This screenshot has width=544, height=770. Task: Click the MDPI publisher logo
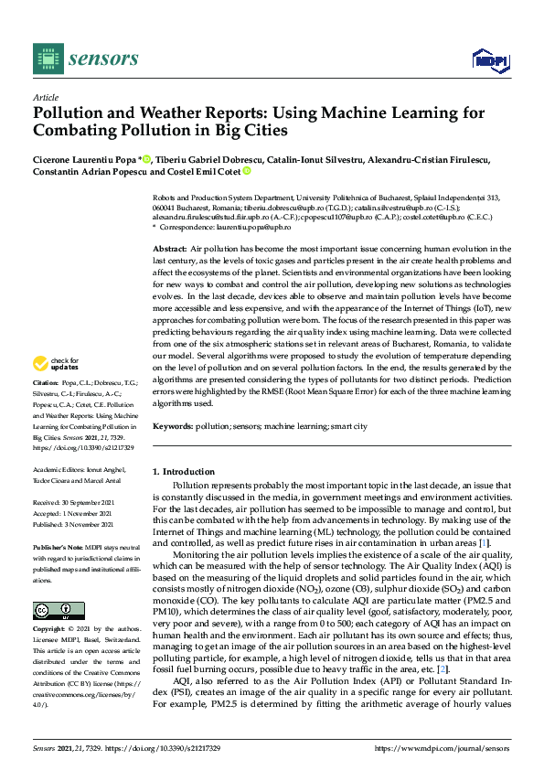click(489, 59)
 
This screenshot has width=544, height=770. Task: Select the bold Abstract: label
click(169, 249)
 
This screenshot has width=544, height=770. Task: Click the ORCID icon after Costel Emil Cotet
click(246, 172)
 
